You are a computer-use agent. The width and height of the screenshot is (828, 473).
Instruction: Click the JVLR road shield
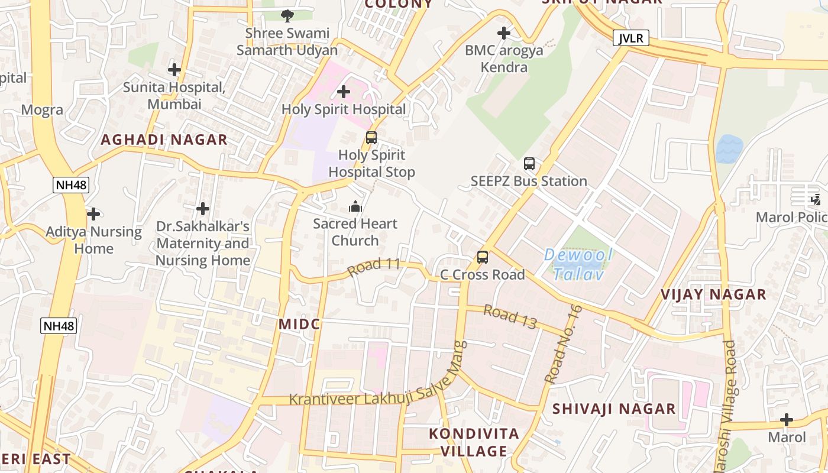pos(631,38)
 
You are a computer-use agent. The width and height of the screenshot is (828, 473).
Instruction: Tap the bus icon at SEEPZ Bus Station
pos(529,164)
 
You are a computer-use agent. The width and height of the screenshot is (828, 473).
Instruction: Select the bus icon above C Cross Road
pos(483,257)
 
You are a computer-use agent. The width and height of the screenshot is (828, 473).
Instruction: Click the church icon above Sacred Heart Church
pos(355,206)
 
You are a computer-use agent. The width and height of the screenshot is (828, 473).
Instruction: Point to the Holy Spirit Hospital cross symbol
pos(343,92)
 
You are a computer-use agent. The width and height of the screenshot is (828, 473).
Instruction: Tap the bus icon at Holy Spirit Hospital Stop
pos(371,138)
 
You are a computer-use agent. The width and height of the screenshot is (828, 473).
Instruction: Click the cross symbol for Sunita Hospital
pos(174,70)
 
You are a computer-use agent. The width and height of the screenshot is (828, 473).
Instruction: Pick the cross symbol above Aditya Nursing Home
pos(93,213)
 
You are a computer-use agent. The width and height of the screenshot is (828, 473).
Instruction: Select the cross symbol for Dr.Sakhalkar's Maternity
pos(203,209)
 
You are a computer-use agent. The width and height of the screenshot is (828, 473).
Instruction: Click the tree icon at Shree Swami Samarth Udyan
pos(287,15)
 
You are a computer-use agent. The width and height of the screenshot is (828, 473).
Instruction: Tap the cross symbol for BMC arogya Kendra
pos(504,33)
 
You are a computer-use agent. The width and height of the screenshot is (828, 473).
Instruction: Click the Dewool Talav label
pos(578,265)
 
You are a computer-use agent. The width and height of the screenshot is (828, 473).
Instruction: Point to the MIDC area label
pos(299,324)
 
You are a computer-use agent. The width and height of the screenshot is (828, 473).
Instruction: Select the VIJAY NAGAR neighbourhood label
pos(713,294)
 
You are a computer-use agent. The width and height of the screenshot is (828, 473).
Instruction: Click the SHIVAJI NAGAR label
pos(614,409)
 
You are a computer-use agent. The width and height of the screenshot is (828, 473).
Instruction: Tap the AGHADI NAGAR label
pos(164,140)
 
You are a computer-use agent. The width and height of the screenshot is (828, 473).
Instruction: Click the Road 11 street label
pos(374,268)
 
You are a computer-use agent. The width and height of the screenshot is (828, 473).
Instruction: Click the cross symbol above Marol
pos(787,420)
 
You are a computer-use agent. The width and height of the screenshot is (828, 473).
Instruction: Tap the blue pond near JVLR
pos(729,149)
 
